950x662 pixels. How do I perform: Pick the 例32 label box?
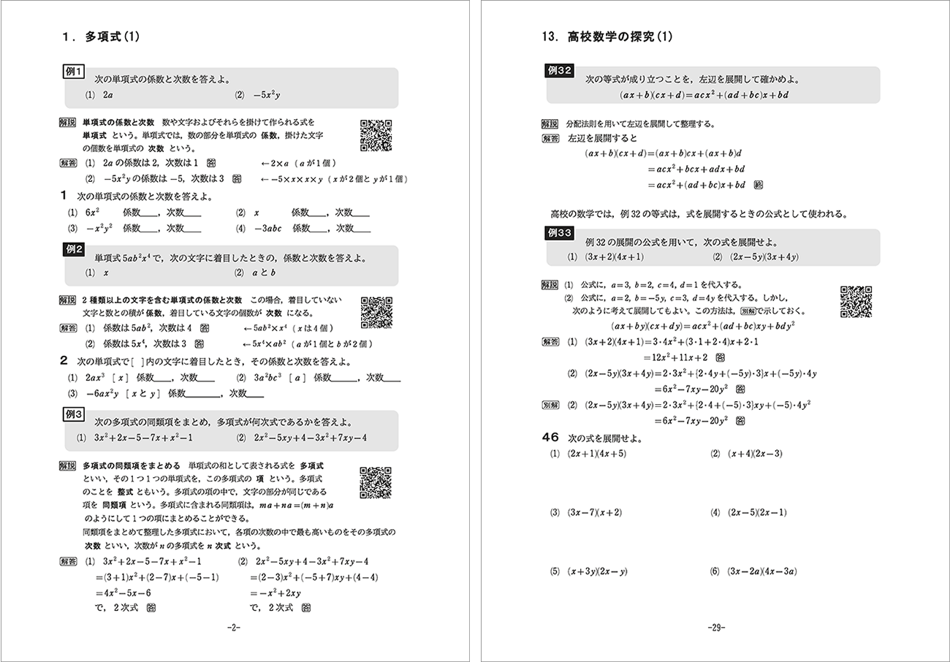click(559, 71)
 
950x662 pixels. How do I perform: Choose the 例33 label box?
click(559, 233)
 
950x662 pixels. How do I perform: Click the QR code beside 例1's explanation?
click(376, 135)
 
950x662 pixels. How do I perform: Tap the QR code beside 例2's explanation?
click(376, 312)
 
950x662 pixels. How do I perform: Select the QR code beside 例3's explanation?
click(376, 482)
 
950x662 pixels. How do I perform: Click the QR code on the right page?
click(856, 300)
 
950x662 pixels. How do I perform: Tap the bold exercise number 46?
click(550, 438)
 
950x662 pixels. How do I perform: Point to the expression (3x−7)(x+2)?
click(594, 512)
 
